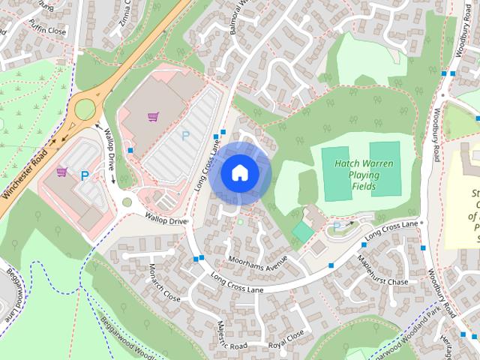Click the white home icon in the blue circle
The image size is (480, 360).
(x=239, y=172)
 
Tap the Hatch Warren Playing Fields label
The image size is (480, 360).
(x=363, y=174)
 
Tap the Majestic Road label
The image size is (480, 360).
(x=232, y=337)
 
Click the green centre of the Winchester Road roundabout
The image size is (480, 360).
(x=85, y=109)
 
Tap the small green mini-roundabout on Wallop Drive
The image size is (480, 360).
(x=127, y=202)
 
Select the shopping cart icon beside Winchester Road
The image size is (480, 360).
(x=61, y=172)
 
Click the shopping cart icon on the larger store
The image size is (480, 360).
(x=153, y=116)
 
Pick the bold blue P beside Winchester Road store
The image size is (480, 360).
(x=85, y=176)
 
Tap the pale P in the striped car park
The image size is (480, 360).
(x=185, y=136)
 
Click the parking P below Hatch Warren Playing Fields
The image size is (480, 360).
(x=337, y=224)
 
